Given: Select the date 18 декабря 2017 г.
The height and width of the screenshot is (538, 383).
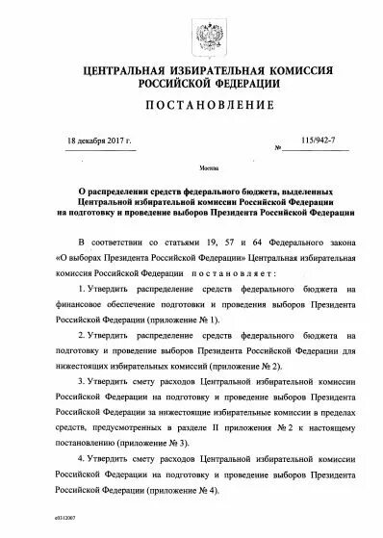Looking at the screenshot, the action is click(101, 139).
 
